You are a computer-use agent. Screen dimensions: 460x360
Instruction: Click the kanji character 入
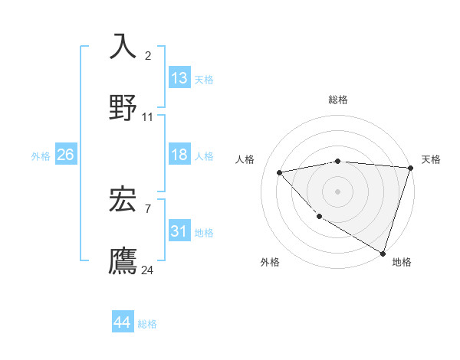pos(123,46)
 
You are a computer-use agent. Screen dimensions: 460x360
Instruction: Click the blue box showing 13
pos(179,78)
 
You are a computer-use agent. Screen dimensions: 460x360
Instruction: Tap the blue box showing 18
pos(179,155)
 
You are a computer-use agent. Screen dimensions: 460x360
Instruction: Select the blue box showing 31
pos(179,231)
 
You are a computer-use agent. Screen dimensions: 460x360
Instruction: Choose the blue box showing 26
pos(65,155)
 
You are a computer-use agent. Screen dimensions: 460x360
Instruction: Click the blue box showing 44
pos(122,322)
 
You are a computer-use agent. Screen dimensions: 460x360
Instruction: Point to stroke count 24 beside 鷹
pos(148,270)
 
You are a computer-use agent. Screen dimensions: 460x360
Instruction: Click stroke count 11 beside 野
pos(148,117)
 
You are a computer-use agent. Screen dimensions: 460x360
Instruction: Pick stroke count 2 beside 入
pos(148,56)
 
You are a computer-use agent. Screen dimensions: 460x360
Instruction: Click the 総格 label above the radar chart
pos(338,100)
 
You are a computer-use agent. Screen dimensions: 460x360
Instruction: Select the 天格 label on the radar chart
pos(431,159)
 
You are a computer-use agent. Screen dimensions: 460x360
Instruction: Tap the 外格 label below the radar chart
pos(270,262)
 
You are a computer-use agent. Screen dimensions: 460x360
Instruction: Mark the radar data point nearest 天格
pos(411,168)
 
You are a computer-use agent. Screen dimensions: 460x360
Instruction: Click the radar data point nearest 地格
pos(383,253)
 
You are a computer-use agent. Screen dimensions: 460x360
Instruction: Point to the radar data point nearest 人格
pos(280,172)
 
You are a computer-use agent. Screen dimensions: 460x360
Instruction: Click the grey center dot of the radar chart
pos(338,191)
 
